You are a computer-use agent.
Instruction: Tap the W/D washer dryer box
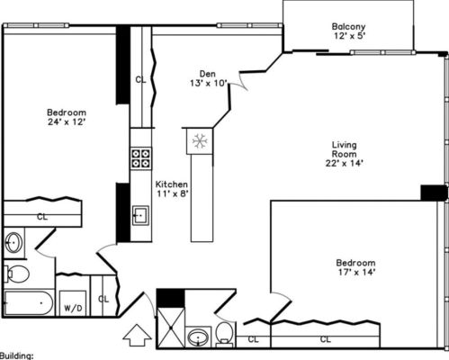[x=71, y=307]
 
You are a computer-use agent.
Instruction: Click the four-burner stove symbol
[x=141, y=159]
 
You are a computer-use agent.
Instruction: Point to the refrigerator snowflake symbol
[x=200, y=140]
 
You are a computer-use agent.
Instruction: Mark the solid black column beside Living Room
[x=434, y=193]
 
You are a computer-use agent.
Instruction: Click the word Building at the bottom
[x=17, y=355]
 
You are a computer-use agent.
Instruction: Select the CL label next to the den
[x=141, y=78]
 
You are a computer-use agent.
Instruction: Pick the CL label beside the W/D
[x=103, y=299]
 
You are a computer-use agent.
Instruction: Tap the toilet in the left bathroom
[x=16, y=272]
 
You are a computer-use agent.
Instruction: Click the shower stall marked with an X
[x=170, y=328]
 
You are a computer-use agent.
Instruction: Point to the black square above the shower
[x=169, y=298]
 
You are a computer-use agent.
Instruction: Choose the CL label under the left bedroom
[x=42, y=216]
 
